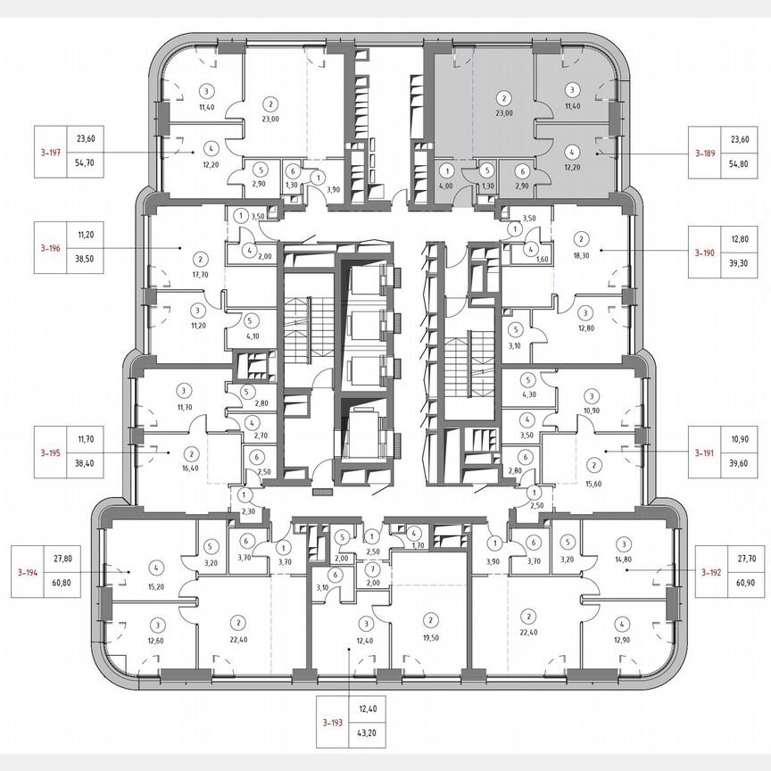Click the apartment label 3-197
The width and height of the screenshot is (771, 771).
[51, 153]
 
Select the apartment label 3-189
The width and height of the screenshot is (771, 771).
[711, 153]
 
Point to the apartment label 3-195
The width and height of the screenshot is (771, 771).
[51, 453]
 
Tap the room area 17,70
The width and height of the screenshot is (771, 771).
[199, 275]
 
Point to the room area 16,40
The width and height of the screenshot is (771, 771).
[190, 468]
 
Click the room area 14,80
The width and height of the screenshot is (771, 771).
[624, 559]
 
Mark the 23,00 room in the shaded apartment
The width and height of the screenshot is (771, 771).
[504, 113]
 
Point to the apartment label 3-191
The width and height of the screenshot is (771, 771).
[711, 453]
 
